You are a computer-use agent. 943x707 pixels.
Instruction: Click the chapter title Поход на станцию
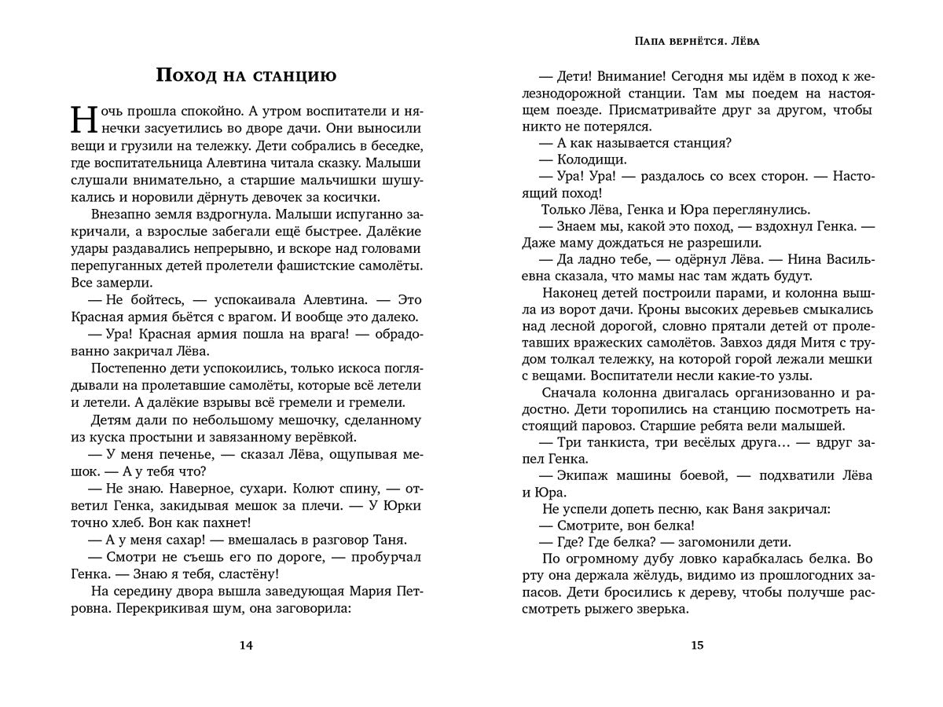point(246,75)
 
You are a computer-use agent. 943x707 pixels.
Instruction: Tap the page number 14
point(246,646)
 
